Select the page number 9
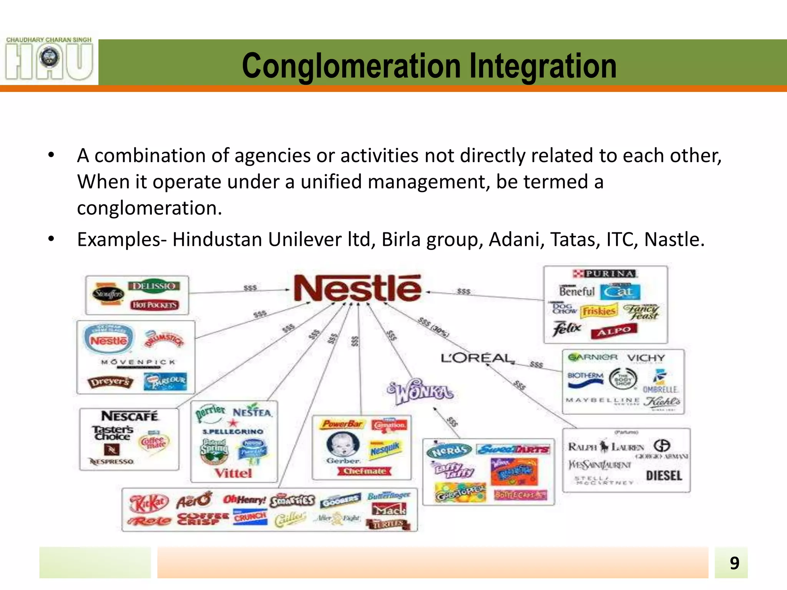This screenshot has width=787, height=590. pos(734,563)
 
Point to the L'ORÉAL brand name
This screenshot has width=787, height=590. pos(477,358)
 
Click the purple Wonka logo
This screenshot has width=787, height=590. pos(421,392)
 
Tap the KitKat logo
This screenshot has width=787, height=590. pos(149,503)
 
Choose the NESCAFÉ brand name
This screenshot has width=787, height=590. pos(130,416)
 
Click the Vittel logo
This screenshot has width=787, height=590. pos(233,473)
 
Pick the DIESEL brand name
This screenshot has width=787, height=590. pos(664,476)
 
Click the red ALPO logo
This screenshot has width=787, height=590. pos(614,330)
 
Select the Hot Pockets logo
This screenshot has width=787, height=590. pos(154,305)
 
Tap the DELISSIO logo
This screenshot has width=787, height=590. pos(154,286)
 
